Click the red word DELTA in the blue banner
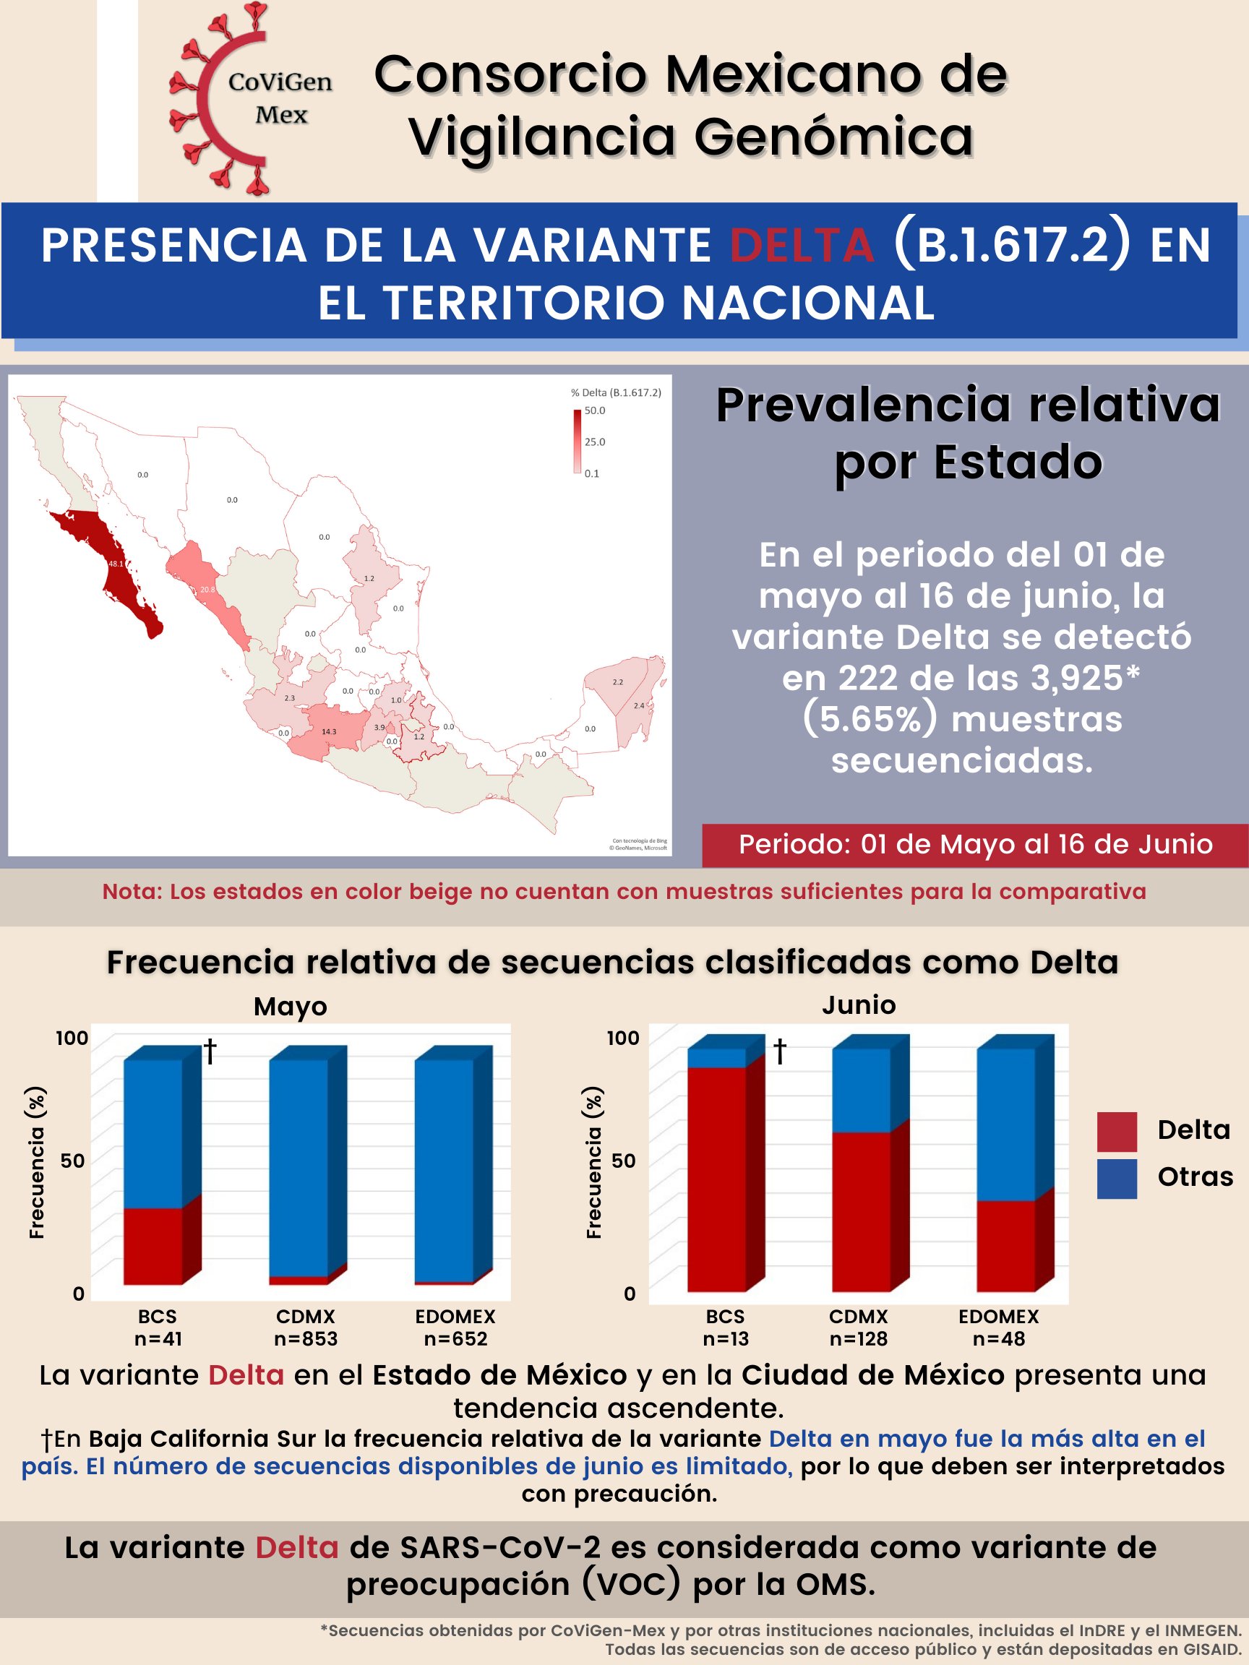click(802, 246)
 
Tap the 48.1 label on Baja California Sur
click(116, 564)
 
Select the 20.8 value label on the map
click(207, 590)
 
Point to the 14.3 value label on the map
click(329, 731)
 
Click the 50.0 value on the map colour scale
click(595, 411)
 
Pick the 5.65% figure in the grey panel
click(870, 720)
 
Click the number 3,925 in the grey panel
click(1076, 678)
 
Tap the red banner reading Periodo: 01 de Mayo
click(975, 845)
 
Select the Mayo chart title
click(291, 1007)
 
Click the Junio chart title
click(859, 1005)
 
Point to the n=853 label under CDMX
click(306, 1339)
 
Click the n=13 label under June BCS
click(726, 1339)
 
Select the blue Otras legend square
click(1117, 1178)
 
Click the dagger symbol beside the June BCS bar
click(780, 1051)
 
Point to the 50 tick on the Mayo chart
click(73, 1161)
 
